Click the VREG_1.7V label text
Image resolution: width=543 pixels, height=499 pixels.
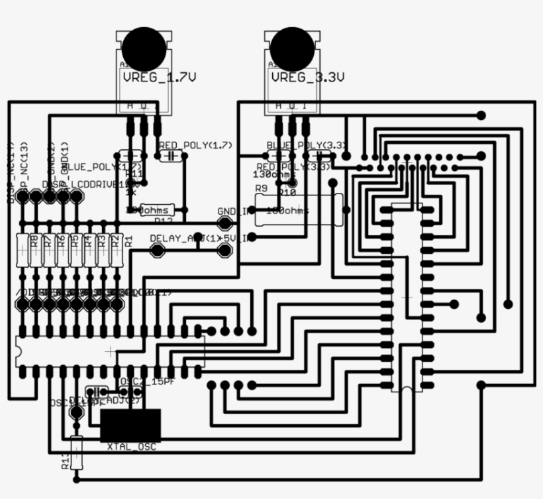click(x=159, y=78)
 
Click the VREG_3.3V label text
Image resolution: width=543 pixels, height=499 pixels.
click(x=308, y=78)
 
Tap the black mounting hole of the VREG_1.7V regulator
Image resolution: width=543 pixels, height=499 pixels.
click(x=142, y=46)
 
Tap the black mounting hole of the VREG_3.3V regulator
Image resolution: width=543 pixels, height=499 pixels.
click(x=292, y=46)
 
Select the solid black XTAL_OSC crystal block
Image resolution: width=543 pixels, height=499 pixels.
click(x=130, y=425)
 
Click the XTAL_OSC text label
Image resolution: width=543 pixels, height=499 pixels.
click(x=132, y=447)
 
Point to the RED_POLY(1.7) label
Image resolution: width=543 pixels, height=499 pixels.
click(x=195, y=144)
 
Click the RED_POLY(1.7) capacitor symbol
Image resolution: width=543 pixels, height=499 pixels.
click(x=172, y=156)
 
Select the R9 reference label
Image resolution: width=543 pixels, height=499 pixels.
click(x=261, y=189)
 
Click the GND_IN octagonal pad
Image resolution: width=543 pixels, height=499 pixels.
click(x=226, y=222)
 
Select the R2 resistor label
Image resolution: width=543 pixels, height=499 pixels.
click(x=115, y=241)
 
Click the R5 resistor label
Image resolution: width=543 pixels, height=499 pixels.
click(x=75, y=241)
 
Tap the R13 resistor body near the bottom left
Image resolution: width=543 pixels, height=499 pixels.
click(x=77, y=453)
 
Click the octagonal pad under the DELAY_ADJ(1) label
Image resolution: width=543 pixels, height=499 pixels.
click(x=158, y=250)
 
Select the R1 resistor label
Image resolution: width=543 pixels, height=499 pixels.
click(x=128, y=241)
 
